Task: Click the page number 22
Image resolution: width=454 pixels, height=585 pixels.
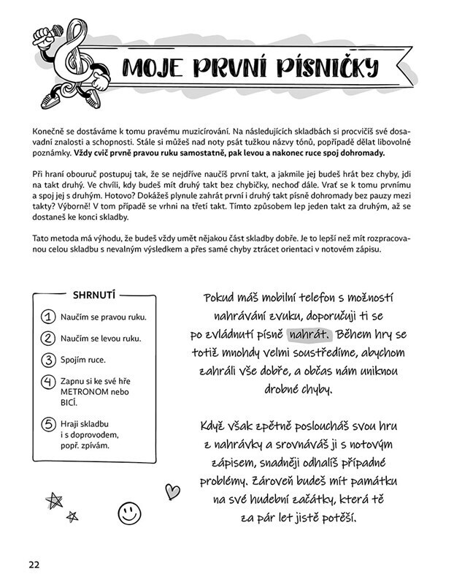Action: tap(34, 564)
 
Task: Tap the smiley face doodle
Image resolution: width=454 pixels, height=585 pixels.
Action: tap(129, 510)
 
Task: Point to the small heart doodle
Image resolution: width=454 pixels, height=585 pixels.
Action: tap(172, 490)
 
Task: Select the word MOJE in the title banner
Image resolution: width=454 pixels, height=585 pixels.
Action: tap(156, 68)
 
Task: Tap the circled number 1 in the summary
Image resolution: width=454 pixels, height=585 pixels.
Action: tap(49, 317)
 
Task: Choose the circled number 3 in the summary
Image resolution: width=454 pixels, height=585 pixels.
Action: tap(49, 360)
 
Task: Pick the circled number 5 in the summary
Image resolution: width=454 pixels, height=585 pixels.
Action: tap(49, 423)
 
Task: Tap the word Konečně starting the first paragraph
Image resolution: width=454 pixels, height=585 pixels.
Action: tap(50, 128)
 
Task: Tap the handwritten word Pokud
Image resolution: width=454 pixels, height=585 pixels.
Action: tap(222, 300)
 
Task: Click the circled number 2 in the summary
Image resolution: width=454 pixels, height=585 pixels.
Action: tap(49, 339)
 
